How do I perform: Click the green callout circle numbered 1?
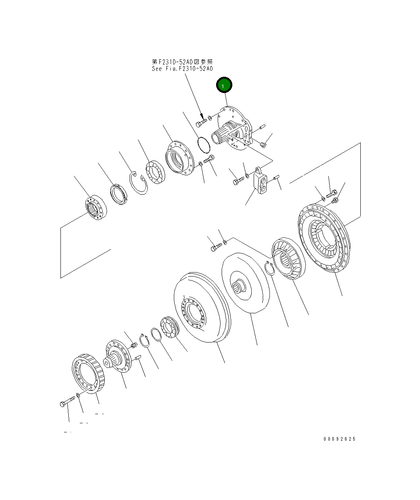[224, 85]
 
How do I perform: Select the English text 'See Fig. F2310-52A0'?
[182, 68]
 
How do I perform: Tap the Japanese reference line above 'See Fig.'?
[182, 62]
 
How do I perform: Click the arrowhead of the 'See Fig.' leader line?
[202, 117]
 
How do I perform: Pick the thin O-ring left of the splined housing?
[203, 145]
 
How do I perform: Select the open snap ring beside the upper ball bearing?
[139, 183]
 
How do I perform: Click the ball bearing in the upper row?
[155, 172]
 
